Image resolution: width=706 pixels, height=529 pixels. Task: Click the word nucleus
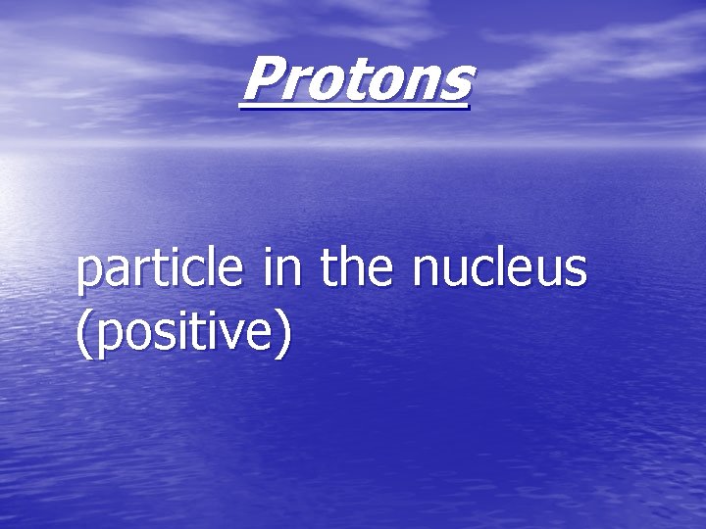[x=500, y=268]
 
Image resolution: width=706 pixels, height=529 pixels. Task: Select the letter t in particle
[x=167, y=269]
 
